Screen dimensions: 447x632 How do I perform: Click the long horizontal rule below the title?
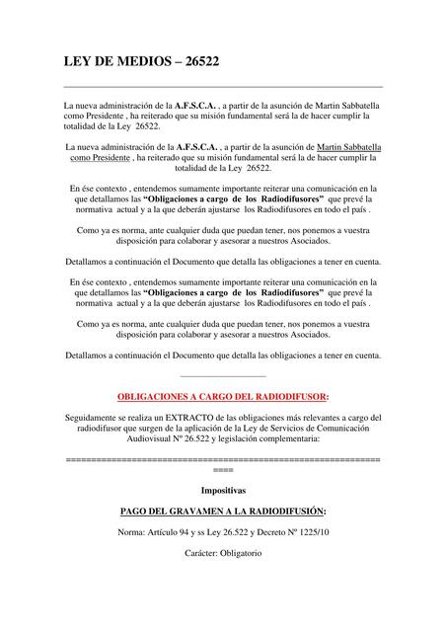tap(222, 87)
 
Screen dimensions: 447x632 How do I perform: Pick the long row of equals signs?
tap(222, 460)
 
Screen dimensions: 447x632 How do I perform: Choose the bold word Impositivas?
tap(223, 490)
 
